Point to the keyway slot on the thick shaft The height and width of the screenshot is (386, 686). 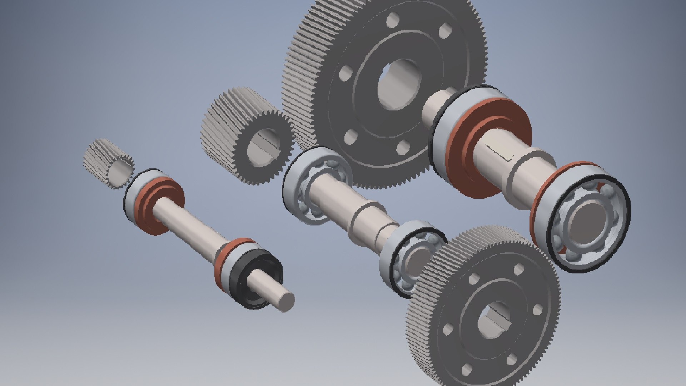[x=500, y=152]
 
